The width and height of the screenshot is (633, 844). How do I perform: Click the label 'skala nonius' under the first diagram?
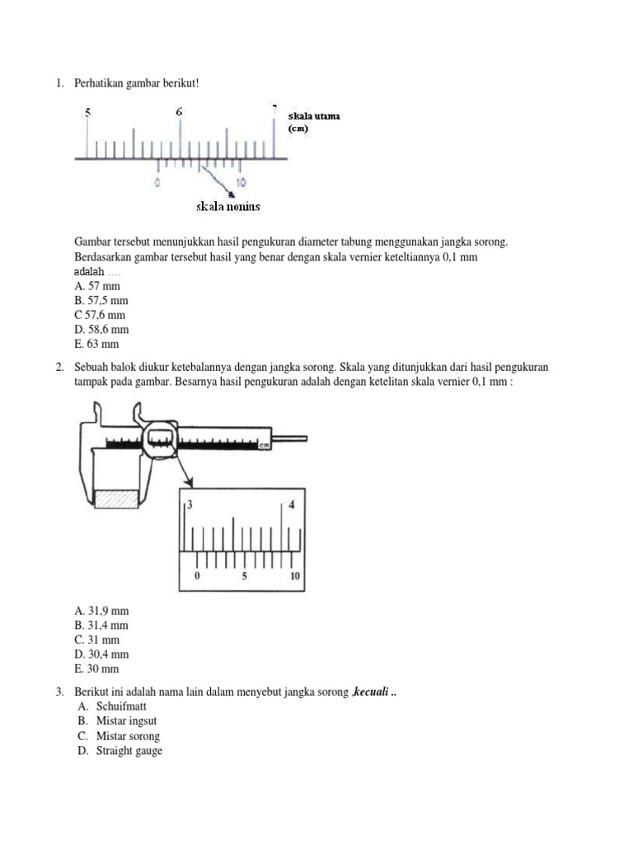227,207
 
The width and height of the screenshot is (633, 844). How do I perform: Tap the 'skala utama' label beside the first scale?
314,116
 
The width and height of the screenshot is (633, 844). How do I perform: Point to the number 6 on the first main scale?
179,111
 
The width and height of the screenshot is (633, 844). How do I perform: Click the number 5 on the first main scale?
87,113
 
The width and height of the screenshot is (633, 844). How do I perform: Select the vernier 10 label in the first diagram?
240,182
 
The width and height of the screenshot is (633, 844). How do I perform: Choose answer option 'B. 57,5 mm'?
101,301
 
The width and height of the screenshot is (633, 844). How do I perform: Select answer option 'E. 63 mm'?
96,344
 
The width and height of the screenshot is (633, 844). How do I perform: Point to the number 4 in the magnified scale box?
291,505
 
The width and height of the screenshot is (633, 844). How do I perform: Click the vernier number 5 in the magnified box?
244,577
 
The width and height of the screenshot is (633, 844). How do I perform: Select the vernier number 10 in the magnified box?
295,577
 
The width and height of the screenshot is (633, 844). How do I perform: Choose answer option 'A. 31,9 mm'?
101,611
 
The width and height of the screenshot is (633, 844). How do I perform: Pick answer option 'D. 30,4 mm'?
101,654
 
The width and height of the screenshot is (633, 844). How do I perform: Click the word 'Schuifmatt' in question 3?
120,706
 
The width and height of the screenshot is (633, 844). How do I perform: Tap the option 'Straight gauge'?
129,751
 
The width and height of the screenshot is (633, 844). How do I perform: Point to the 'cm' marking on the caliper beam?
265,445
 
